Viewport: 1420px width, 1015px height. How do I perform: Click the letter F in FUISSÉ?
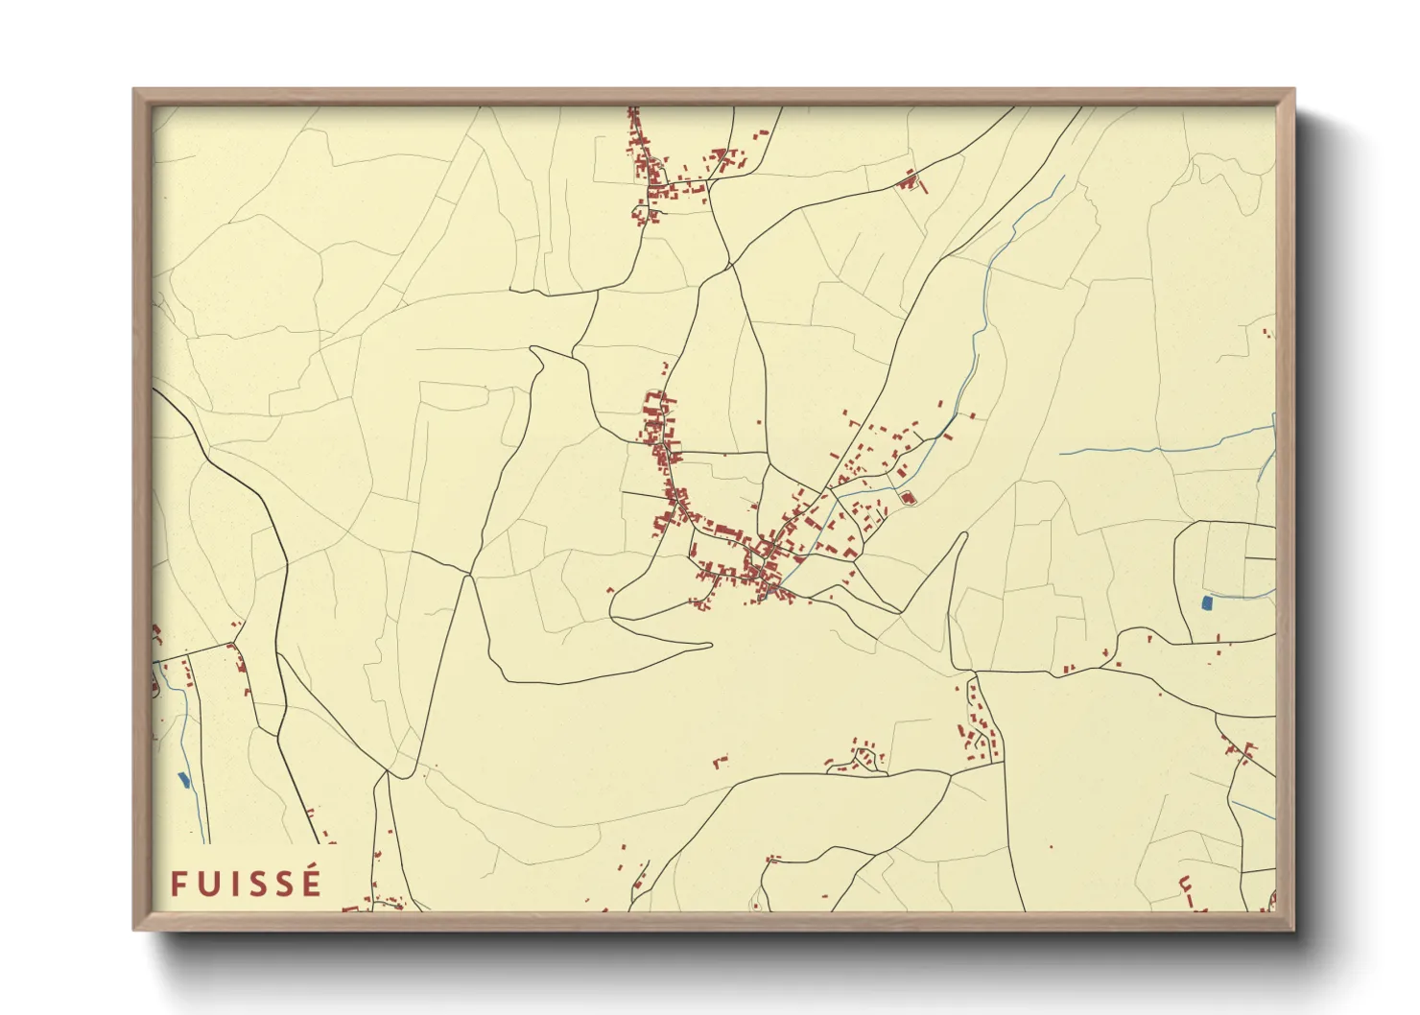pyautogui.click(x=178, y=884)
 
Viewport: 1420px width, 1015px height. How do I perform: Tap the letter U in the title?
pyautogui.click(x=207, y=884)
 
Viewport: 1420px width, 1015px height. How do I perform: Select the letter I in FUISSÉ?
pyautogui.click(x=231, y=884)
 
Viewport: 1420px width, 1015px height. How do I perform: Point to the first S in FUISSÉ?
pyautogui.click(x=255, y=884)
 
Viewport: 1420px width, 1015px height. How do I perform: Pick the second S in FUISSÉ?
pyautogui.click(x=283, y=884)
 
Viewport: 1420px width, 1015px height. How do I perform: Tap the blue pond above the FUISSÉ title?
pyautogui.click(x=184, y=780)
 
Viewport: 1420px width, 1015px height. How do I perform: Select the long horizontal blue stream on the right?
pyautogui.click(x=1161, y=448)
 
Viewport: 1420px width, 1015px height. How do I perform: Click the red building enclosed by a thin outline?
pyautogui.click(x=907, y=497)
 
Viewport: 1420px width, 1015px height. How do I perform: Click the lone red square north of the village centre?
pyautogui.click(x=759, y=422)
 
